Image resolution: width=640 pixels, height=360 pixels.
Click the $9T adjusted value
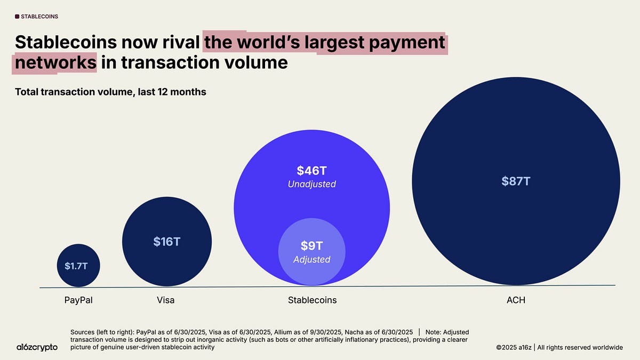pos(312,246)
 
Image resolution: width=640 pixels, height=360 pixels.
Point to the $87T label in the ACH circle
pos(515,181)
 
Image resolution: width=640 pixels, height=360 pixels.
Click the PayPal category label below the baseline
pos(78,300)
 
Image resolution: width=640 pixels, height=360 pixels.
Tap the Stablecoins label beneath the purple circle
pos(312,300)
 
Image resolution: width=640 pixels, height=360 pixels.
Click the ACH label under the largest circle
pos(516,300)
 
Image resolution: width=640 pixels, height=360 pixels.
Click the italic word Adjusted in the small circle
pos(312,260)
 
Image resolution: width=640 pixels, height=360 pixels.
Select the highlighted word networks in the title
pos(55,63)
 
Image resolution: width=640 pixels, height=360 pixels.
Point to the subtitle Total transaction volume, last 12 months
pos(110,92)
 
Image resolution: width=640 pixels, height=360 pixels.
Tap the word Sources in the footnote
pos(85,332)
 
